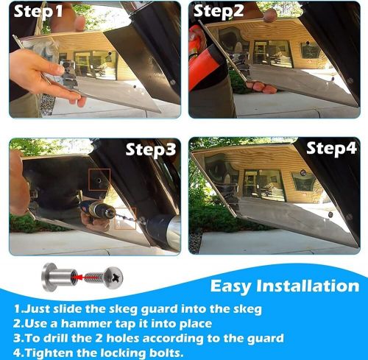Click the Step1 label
38,11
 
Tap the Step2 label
219,11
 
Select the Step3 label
151,149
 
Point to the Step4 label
331,148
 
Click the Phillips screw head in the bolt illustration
113,278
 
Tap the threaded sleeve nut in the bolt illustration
60,278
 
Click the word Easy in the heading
230,286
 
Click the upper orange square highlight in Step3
99,180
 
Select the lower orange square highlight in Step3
125,219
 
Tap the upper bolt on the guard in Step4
303,173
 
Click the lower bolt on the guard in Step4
330,215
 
